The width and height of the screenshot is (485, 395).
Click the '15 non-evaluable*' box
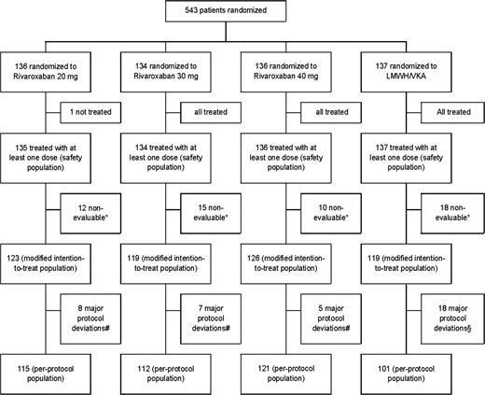click(x=209, y=225)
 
